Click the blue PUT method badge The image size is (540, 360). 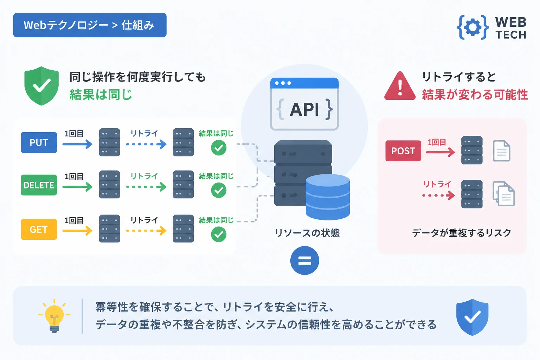click(39, 142)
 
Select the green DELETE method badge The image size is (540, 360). click(39, 185)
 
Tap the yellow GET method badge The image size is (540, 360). click(39, 229)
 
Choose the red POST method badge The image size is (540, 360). click(403, 151)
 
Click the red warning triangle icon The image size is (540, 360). click(400, 86)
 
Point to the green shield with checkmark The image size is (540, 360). click(41, 86)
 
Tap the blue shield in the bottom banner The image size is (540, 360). click(472, 317)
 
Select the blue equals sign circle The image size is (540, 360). click(305, 261)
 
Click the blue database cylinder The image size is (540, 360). click(328, 197)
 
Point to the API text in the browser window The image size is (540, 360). click(304, 109)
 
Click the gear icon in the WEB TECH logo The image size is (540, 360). click(472, 27)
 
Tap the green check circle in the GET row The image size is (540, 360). click(219, 234)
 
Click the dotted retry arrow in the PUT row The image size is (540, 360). click(146, 144)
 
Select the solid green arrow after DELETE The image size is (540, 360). click(77, 187)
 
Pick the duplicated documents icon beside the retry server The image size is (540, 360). click(503, 194)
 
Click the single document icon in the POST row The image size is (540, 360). click(502, 151)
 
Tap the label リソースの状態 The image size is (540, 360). click(307, 233)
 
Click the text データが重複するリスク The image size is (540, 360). click(462, 233)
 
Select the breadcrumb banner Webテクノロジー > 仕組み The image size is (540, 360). click(90, 25)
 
